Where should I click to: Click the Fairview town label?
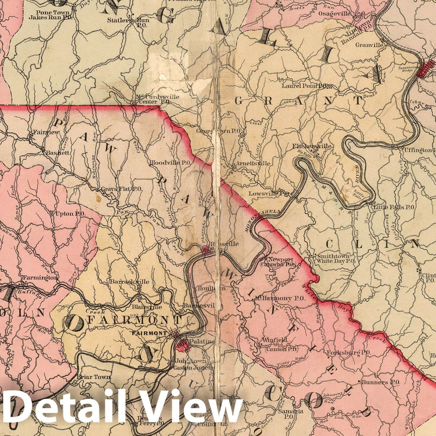(46, 132)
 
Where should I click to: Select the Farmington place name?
(40, 278)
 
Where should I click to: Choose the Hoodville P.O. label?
(171, 163)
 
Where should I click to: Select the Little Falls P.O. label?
(393, 207)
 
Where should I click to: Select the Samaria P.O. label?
(291, 413)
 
